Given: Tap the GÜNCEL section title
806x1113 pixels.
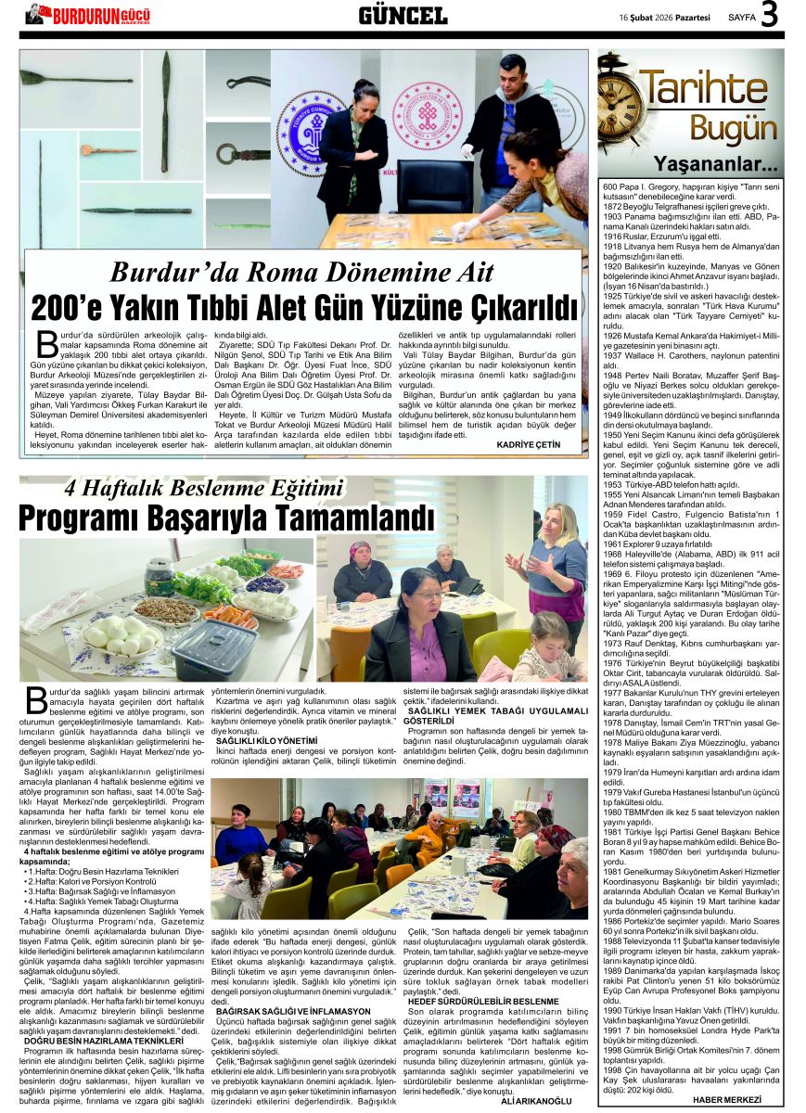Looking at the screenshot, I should tap(403, 15).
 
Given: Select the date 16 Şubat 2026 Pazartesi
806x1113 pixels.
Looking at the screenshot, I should tap(666, 17).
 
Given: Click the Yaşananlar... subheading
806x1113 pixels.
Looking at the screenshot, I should tap(728, 165).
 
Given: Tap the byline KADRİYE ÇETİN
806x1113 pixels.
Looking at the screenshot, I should tap(529, 445).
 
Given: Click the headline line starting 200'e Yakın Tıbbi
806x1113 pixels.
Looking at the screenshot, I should tap(304, 306).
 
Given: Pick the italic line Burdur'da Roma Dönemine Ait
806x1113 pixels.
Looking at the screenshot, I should tap(304, 272).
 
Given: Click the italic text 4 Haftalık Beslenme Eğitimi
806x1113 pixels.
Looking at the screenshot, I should tap(203, 488).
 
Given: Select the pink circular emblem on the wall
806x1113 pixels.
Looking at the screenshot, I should tap(426, 116).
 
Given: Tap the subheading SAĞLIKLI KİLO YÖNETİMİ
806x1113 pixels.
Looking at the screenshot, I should tap(266, 740).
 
